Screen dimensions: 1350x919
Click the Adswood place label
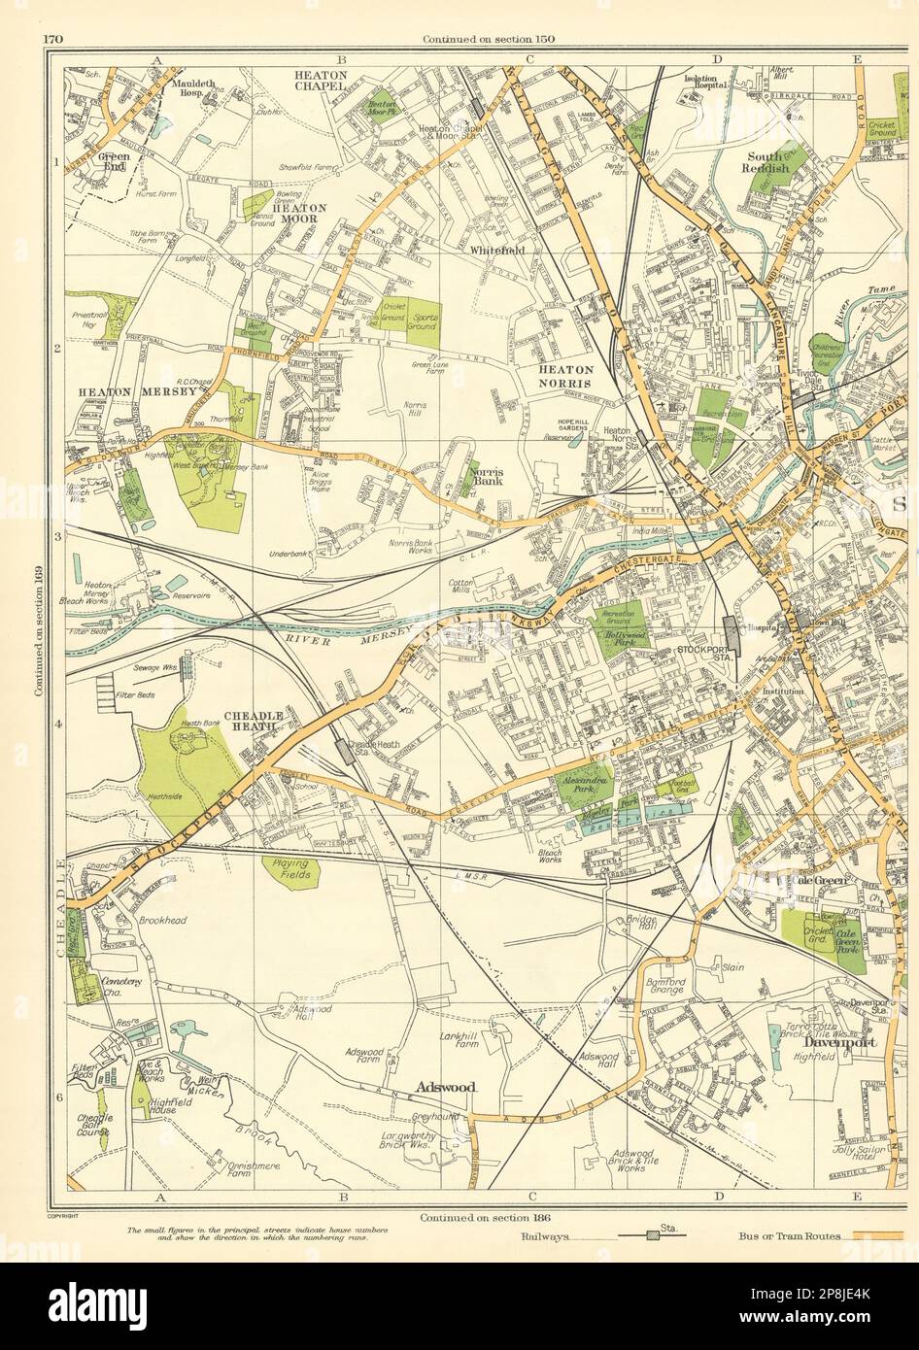click(446, 1087)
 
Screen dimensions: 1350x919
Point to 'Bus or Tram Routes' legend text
click(783, 1237)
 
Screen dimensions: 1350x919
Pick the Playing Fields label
click(289, 869)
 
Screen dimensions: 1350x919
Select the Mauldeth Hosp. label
click(199, 88)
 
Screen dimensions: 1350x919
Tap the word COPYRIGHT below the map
click(62, 1215)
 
